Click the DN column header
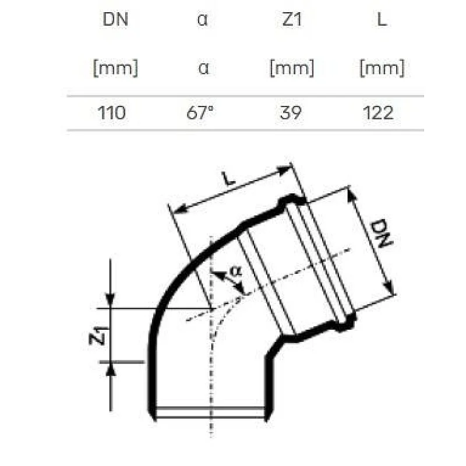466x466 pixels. click(x=115, y=20)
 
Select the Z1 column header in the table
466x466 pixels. click(x=291, y=20)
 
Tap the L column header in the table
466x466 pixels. click(x=382, y=20)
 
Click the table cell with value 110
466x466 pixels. click(x=112, y=112)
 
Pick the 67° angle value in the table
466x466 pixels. click(x=201, y=112)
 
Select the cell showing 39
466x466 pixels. click(x=290, y=112)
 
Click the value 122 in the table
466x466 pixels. click(x=379, y=112)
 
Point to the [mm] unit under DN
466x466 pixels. click(x=115, y=68)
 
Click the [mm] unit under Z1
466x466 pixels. click(x=291, y=68)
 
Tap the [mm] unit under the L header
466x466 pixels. click(x=382, y=68)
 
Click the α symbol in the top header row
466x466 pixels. click(x=202, y=20)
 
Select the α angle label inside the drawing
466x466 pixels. click(x=235, y=271)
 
